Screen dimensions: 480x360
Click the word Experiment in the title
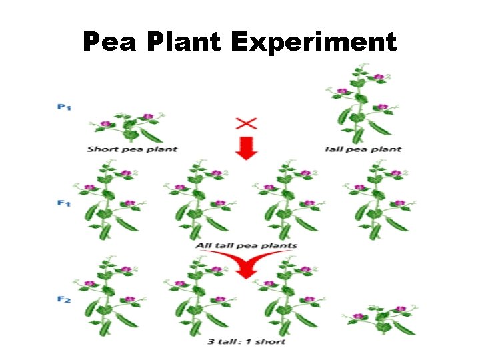coord(313,43)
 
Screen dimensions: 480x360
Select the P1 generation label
coord(64,107)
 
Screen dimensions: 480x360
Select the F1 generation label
coord(64,203)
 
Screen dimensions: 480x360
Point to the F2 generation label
coord(64,299)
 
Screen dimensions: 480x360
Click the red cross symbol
coord(247,123)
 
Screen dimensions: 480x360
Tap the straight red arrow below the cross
coord(247,149)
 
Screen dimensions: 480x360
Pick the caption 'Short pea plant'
coord(132,149)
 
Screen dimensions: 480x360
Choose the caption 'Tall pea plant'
coord(362,149)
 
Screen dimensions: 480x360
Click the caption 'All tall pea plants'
coord(246,245)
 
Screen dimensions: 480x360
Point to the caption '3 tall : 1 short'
coord(246,342)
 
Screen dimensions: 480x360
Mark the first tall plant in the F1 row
coord(109,200)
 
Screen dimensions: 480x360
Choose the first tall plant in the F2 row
coord(109,297)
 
